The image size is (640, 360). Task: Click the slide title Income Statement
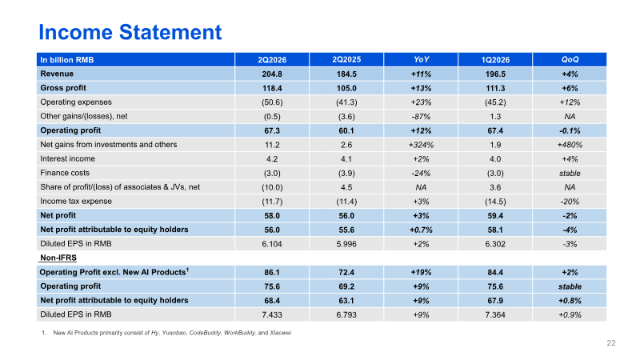pos(130,32)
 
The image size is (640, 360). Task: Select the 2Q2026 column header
pos(272,59)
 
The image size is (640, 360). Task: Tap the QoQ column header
pos(570,59)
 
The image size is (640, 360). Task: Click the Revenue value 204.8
pos(272,74)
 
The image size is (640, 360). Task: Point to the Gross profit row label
pos(63,88)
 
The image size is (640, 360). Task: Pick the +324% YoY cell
pos(421,145)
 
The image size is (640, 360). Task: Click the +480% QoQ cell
pos(570,145)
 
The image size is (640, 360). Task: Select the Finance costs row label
pos(65,173)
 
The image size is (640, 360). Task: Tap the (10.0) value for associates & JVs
pos(272,187)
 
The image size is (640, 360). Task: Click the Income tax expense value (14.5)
pos(495,202)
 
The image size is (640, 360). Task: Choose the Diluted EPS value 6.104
pos(272,244)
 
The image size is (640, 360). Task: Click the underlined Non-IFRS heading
pos(58,258)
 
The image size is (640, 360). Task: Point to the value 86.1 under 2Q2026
pos(272,272)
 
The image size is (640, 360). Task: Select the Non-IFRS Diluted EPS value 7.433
pos(272,314)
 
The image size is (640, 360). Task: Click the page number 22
pos(611,343)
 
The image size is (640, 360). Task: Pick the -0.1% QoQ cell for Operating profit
pos(570,130)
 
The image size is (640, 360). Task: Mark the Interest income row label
pos(68,158)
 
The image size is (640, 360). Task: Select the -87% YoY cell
pos(421,116)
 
